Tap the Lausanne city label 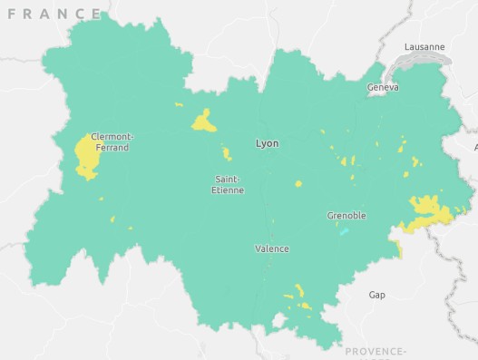coord(424,46)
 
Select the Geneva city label coord(383,88)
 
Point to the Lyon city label coord(268,143)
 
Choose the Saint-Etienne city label coord(228,184)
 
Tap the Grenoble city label coord(346,216)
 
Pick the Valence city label coord(272,248)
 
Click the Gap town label coord(376,295)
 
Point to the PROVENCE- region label coord(376,351)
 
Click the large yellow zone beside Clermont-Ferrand coord(87,155)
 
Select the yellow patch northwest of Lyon coord(204,121)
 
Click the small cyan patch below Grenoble coord(344,231)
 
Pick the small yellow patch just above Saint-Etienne coord(227,153)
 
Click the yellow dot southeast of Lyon coord(298,183)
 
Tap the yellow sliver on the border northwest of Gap coord(399,248)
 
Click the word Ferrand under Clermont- coord(112,148)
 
